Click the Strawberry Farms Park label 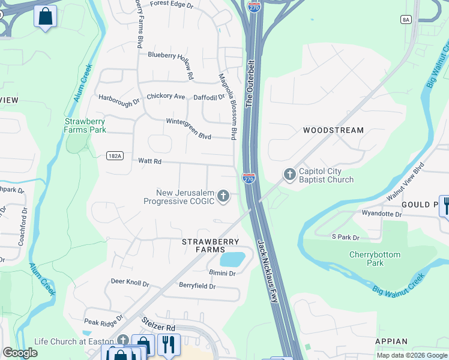tap(85, 125)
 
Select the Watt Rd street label tap(150, 161)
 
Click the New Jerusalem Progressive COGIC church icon tap(223, 196)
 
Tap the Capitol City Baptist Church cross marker tap(289, 175)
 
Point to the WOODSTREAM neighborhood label tap(333, 130)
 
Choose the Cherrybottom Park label tap(375, 259)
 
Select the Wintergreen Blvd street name tap(188, 129)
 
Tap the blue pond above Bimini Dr tap(232, 259)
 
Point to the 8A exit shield tap(406, 20)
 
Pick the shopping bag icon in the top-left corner tap(45, 16)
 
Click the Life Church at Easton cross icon tap(123, 341)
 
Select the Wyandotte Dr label tap(381, 214)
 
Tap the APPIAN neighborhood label tap(391, 341)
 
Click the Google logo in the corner tap(20, 353)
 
